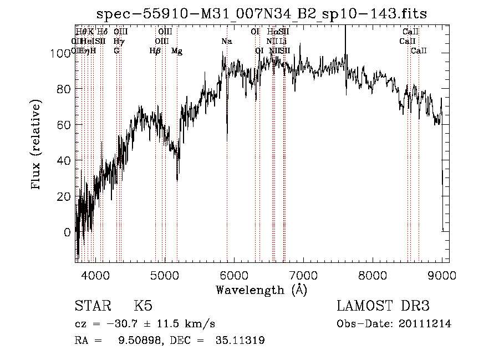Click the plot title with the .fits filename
pos(262,13)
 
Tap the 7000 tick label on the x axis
pos(303,274)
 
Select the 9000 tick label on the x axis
pos(442,274)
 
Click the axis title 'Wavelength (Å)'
pos(261,290)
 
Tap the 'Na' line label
pos(227,42)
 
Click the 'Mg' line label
pos(177,51)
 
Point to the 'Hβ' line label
pos(155,51)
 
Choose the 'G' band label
pos(116,51)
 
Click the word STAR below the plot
pos(92,306)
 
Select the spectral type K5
pos(143,306)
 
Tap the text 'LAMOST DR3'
pos(383,306)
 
